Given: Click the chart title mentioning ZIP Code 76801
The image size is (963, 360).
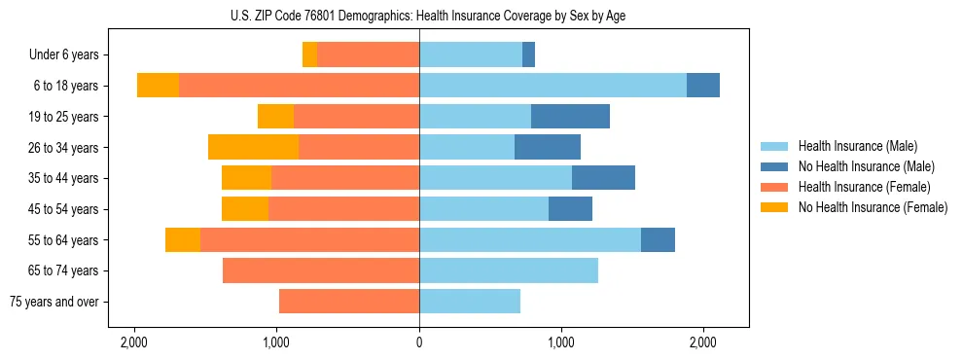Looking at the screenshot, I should pos(419,16).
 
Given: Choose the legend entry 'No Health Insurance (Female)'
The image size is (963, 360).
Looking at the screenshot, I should pos(873,207).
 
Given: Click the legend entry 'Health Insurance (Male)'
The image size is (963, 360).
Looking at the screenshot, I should pos(858,146).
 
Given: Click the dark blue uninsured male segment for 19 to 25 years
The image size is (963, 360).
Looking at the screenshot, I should pos(570,117).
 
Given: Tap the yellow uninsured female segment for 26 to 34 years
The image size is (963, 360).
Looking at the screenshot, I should pos(253,148).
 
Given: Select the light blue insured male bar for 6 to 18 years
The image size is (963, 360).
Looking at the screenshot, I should pos(553,86).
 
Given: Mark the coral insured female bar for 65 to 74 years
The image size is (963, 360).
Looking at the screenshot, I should pos(321,270).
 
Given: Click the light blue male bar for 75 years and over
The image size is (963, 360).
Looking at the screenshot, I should pos(470,302).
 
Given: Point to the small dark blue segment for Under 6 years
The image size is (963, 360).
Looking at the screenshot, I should pos(528,54).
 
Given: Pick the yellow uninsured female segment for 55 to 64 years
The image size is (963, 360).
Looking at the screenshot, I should pos(183,239).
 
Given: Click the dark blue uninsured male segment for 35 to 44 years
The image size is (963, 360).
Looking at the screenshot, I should pos(603,178).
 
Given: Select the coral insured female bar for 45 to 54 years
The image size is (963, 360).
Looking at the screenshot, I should pos(343,209).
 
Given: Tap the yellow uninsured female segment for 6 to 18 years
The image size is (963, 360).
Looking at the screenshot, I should pos(158,86).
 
